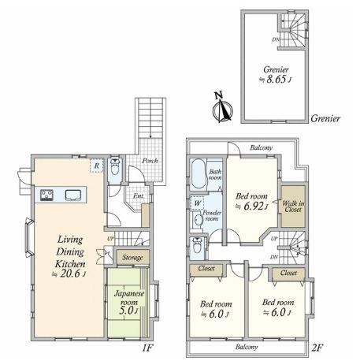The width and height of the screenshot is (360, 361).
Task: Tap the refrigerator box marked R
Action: pyautogui.click(x=96, y=166)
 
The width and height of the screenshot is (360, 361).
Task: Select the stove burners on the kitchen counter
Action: pyautogui.click(x=44, y=195)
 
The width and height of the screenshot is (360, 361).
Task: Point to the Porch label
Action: pyautogui.click(x=150, y=161)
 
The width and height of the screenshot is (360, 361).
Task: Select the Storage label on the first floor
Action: pyautogui.click(x=132, y=258)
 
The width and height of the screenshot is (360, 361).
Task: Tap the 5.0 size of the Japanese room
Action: pyautogui.click(x=124, y=309)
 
